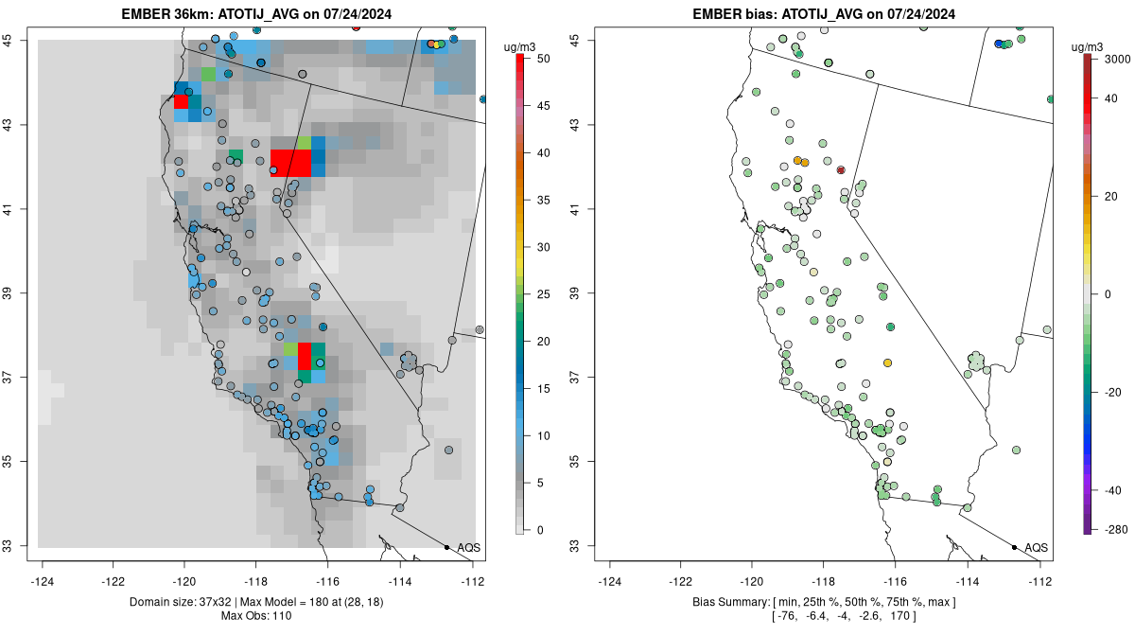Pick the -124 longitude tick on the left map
(x=43, y=581)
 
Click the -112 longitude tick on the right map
(x=1040, y=581)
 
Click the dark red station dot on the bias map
(x=841, y=170)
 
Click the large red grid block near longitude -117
(x=290, y=163)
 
